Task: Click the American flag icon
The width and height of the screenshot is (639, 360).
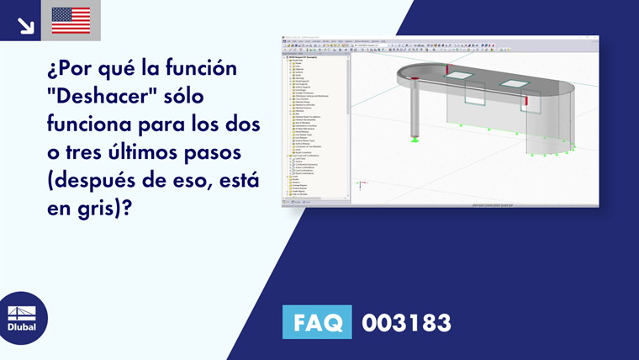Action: [71, 20]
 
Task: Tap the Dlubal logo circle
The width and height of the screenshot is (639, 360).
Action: [22, 318]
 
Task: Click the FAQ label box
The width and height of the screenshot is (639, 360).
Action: [317, 322]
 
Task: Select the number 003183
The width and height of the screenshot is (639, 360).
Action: [406, 322]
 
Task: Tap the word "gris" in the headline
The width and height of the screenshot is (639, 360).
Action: [98, 208]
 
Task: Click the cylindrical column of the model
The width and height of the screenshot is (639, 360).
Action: [415, 109]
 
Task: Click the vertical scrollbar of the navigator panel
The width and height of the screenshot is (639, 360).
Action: [348, 126]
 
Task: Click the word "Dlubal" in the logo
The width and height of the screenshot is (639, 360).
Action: [22, 327]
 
